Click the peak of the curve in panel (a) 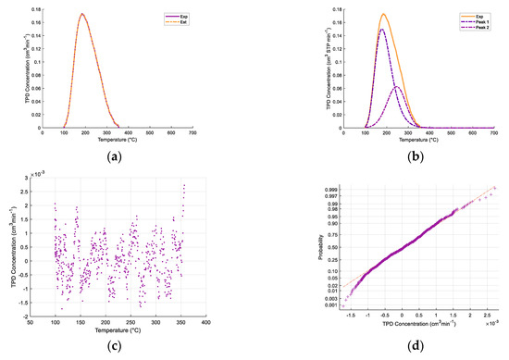(x=82, y=14)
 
